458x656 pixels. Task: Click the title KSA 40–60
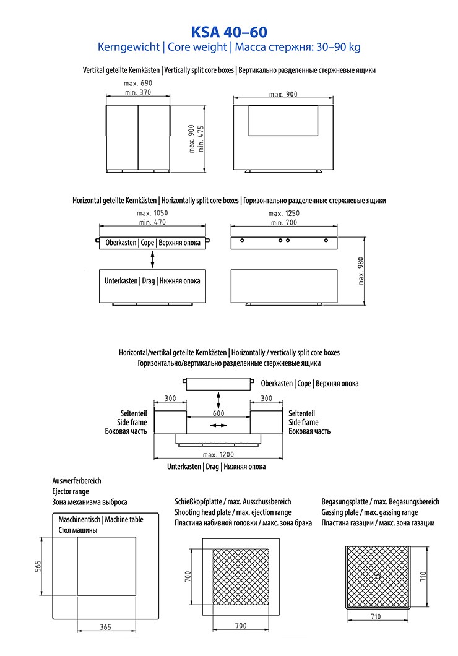pos(228,32)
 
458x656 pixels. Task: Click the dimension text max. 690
pos(138,83)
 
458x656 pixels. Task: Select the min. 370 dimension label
pos(137,92)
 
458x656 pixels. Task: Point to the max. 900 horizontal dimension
pos(283,94)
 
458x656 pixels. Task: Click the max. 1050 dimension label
pos(152,213)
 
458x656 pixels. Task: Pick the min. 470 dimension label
pos(153,222)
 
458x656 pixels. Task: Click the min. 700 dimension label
pos(284,222)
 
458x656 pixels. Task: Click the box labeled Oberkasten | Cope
pos(153,243)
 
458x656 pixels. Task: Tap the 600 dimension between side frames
pos(218,413)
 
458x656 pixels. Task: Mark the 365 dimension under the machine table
pos(106,628)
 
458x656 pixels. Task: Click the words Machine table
pos(124,520)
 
